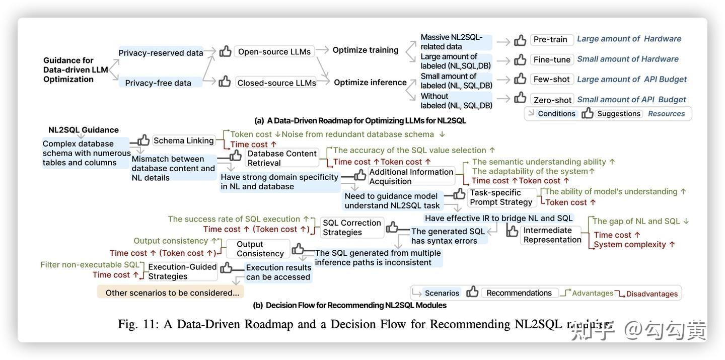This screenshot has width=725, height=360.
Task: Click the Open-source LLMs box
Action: tap(274, 52)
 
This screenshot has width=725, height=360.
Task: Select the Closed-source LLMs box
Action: tap(276, 83)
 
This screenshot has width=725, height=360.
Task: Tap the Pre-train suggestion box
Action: tap(550, 39)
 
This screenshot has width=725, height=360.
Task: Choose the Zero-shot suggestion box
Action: tap(552, 100)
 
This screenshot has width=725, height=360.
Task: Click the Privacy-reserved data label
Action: tap(161, 53)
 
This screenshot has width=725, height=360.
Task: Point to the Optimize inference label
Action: tap(370, 83)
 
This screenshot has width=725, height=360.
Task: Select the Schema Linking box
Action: tap(184, 140)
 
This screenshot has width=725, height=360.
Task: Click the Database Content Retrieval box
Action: tap(282, 158)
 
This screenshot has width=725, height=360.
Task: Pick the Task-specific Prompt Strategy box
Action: tap(501, 197)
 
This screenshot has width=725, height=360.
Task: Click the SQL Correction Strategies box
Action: tap(352, 228)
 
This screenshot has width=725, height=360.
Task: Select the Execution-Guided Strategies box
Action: tap(182, 271)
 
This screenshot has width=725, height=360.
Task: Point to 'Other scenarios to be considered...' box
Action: tap(172, 293)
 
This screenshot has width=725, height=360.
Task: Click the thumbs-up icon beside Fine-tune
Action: tap(520, 60)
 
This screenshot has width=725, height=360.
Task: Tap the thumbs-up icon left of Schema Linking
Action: tap(143, 140)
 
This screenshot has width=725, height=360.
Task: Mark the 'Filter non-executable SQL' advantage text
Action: tap(90, 265)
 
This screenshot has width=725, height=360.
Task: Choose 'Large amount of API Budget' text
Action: tap(632, 80)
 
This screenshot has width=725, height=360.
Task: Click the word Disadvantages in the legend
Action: tap(652, 294)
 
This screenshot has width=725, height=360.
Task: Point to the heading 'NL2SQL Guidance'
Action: tap(84, 130)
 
